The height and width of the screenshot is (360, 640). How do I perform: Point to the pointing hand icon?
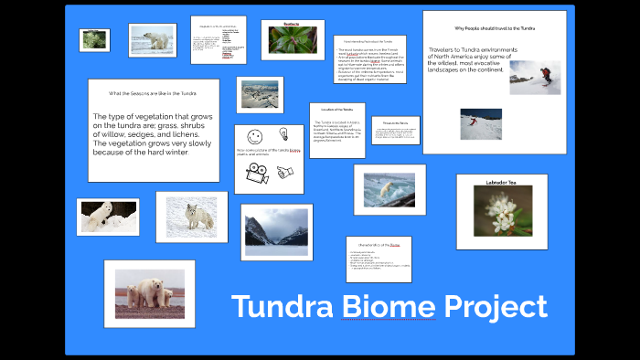point(284,171)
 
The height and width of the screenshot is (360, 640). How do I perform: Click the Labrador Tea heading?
point(501,184)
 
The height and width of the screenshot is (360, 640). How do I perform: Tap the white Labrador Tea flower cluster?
point(501,214)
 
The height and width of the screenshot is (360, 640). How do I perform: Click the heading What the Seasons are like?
point(152,93)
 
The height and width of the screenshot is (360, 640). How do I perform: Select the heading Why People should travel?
point(495,28)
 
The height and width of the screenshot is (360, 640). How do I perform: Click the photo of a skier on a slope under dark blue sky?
point(479,123)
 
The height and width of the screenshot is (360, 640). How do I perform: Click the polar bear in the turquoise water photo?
point(390,189)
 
